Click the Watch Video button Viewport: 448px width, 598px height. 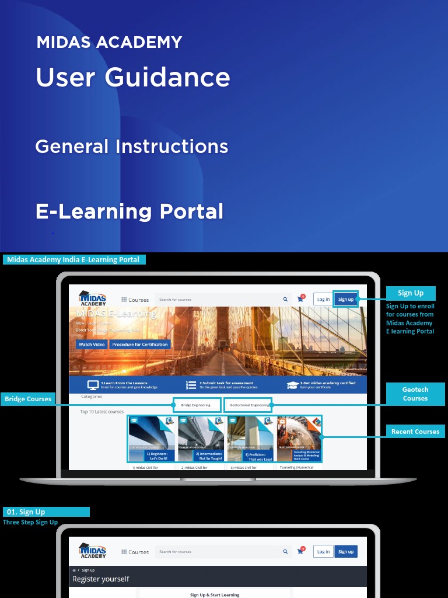[x=92, y=345]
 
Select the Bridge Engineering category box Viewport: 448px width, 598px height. [x=197, y=405]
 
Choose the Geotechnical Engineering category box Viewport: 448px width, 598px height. [x=248, y=405]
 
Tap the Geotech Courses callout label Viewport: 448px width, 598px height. [x=415, y=394]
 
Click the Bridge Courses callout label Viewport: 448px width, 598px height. [x=28, y=399]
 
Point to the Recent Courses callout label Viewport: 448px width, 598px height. [x=415, y=432]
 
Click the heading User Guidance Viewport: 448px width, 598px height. [x=133, y=77]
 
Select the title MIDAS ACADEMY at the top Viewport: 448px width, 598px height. [x=109, y=42]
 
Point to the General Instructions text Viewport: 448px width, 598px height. [x=132, y=146]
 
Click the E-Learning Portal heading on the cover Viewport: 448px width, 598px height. [x=129, y=211]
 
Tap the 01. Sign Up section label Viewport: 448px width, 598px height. [x=46, y=512]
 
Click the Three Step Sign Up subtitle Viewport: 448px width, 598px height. [x=30, y=522]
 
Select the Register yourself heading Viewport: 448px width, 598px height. [x=100, y=579]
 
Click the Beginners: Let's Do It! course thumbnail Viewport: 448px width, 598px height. [x=152, y=439]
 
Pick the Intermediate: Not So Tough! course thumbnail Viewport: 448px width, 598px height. [x=201, y=439]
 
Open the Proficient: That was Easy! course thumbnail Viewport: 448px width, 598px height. [x=250, y=439]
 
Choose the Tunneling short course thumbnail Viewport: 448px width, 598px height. [x=299, y=439]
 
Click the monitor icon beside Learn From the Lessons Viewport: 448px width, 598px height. [x=92, y=385]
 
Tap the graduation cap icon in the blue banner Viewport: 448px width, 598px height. [x=293, y=385]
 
